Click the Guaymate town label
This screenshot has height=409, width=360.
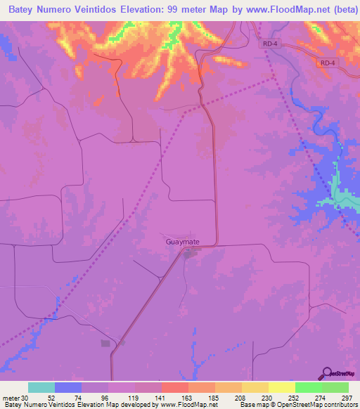[183, 242]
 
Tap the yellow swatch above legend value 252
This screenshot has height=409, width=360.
[281, 387]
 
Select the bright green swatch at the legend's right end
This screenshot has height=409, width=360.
[335, 387]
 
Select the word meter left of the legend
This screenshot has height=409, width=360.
[10, 397]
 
